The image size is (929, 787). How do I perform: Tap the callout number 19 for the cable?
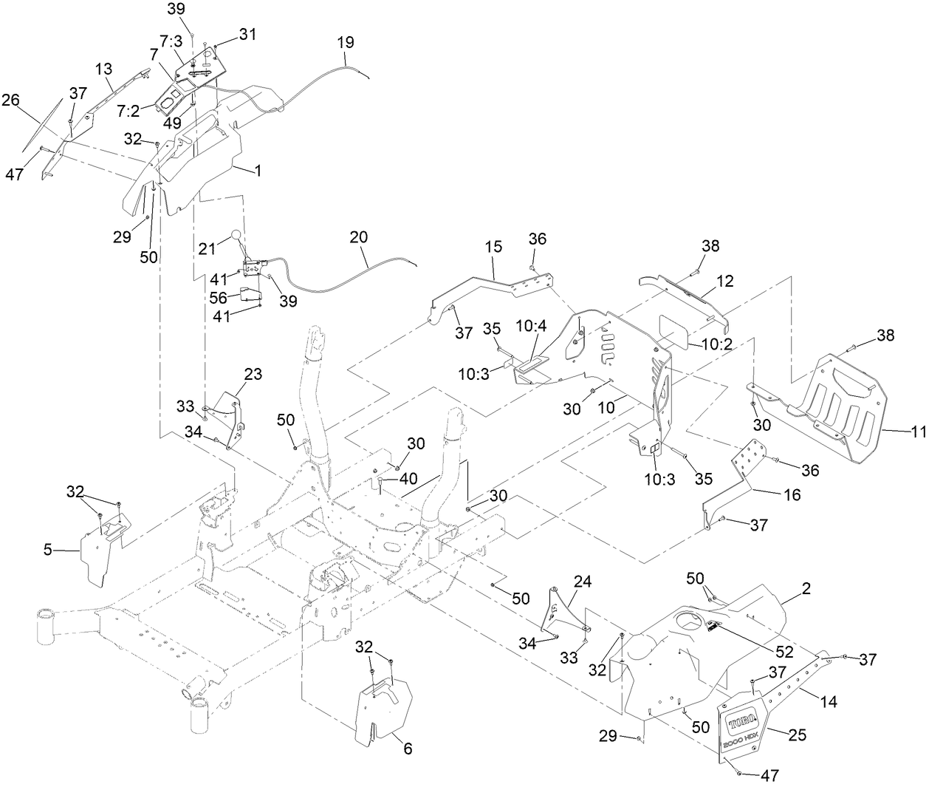(x=346, y=42)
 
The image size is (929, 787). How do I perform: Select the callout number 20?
(x=358, y=238)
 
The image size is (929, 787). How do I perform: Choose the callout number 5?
(x=48, y=550)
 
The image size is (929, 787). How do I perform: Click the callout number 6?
(x=407, y=749)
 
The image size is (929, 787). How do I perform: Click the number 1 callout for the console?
(x=258, y=171)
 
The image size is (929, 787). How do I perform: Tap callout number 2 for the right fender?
(x=806, y=589)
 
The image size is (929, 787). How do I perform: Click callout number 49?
(x=173, y=123)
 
